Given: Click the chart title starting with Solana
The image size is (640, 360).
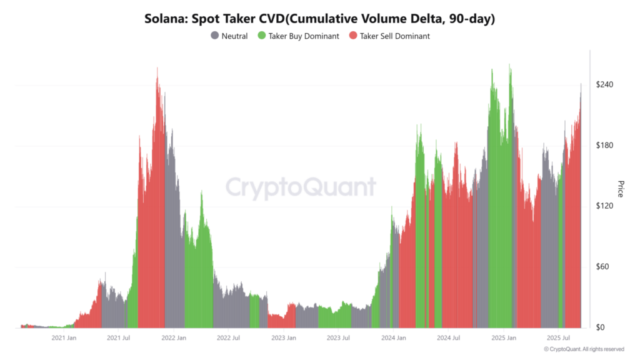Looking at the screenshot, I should tap(319, 19).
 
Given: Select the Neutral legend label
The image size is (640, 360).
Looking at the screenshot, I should tap(234, 36).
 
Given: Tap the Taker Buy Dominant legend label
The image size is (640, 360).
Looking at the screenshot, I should tap(304, 36).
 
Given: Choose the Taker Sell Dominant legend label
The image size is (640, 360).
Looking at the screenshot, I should tap(394, 36).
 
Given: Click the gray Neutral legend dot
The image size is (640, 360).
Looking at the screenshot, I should tap(215, 36).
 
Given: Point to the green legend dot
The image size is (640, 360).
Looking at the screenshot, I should tap(262, 36).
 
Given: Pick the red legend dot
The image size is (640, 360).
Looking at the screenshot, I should tap(353, 36).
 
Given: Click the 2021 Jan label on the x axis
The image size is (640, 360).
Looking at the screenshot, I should tap(64, 338).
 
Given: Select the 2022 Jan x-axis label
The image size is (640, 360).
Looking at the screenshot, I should tap(174, 338).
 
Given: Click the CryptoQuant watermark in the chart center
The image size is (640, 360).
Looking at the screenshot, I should tap(301, 187).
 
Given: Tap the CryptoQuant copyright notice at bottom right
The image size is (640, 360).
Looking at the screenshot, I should tap(583, 349).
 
